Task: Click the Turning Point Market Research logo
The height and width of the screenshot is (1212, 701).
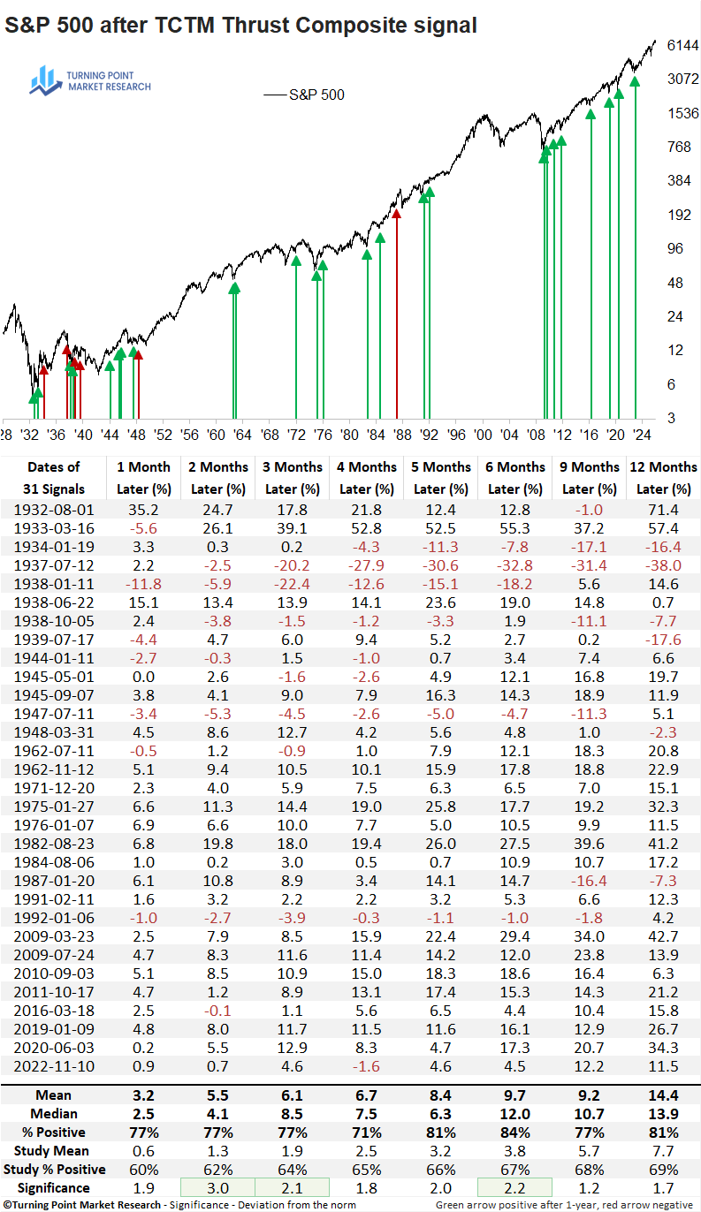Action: (x=90, y=80)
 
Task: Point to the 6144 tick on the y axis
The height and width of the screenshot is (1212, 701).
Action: (x=683, y=45)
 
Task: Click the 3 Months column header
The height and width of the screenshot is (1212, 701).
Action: (x=293, y=466)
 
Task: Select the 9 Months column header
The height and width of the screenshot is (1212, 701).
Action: (x=589, y=466)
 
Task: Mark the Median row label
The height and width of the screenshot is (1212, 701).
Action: (x=54, y=1114)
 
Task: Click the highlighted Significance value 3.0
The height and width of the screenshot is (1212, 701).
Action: (x=218, y=1188)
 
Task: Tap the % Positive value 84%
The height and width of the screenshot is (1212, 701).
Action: (x=514, y=1132)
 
